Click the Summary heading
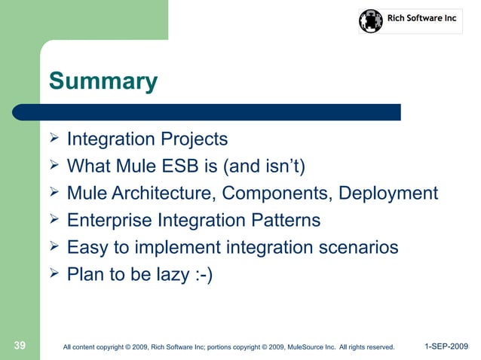[103, 81]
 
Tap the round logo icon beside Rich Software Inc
[371, 21]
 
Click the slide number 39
[20, 345]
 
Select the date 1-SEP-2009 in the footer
[446, 346]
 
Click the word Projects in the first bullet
[195, 139]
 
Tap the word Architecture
[161, 194]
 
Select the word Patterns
[286, 220]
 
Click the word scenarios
[359, 247]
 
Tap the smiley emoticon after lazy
[204, 275]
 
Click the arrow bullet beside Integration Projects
[54, 138]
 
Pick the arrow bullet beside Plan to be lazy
[54, 273]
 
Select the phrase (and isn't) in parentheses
[264, 166]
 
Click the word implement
[178, 248]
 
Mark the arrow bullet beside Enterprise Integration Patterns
[54, 218]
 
